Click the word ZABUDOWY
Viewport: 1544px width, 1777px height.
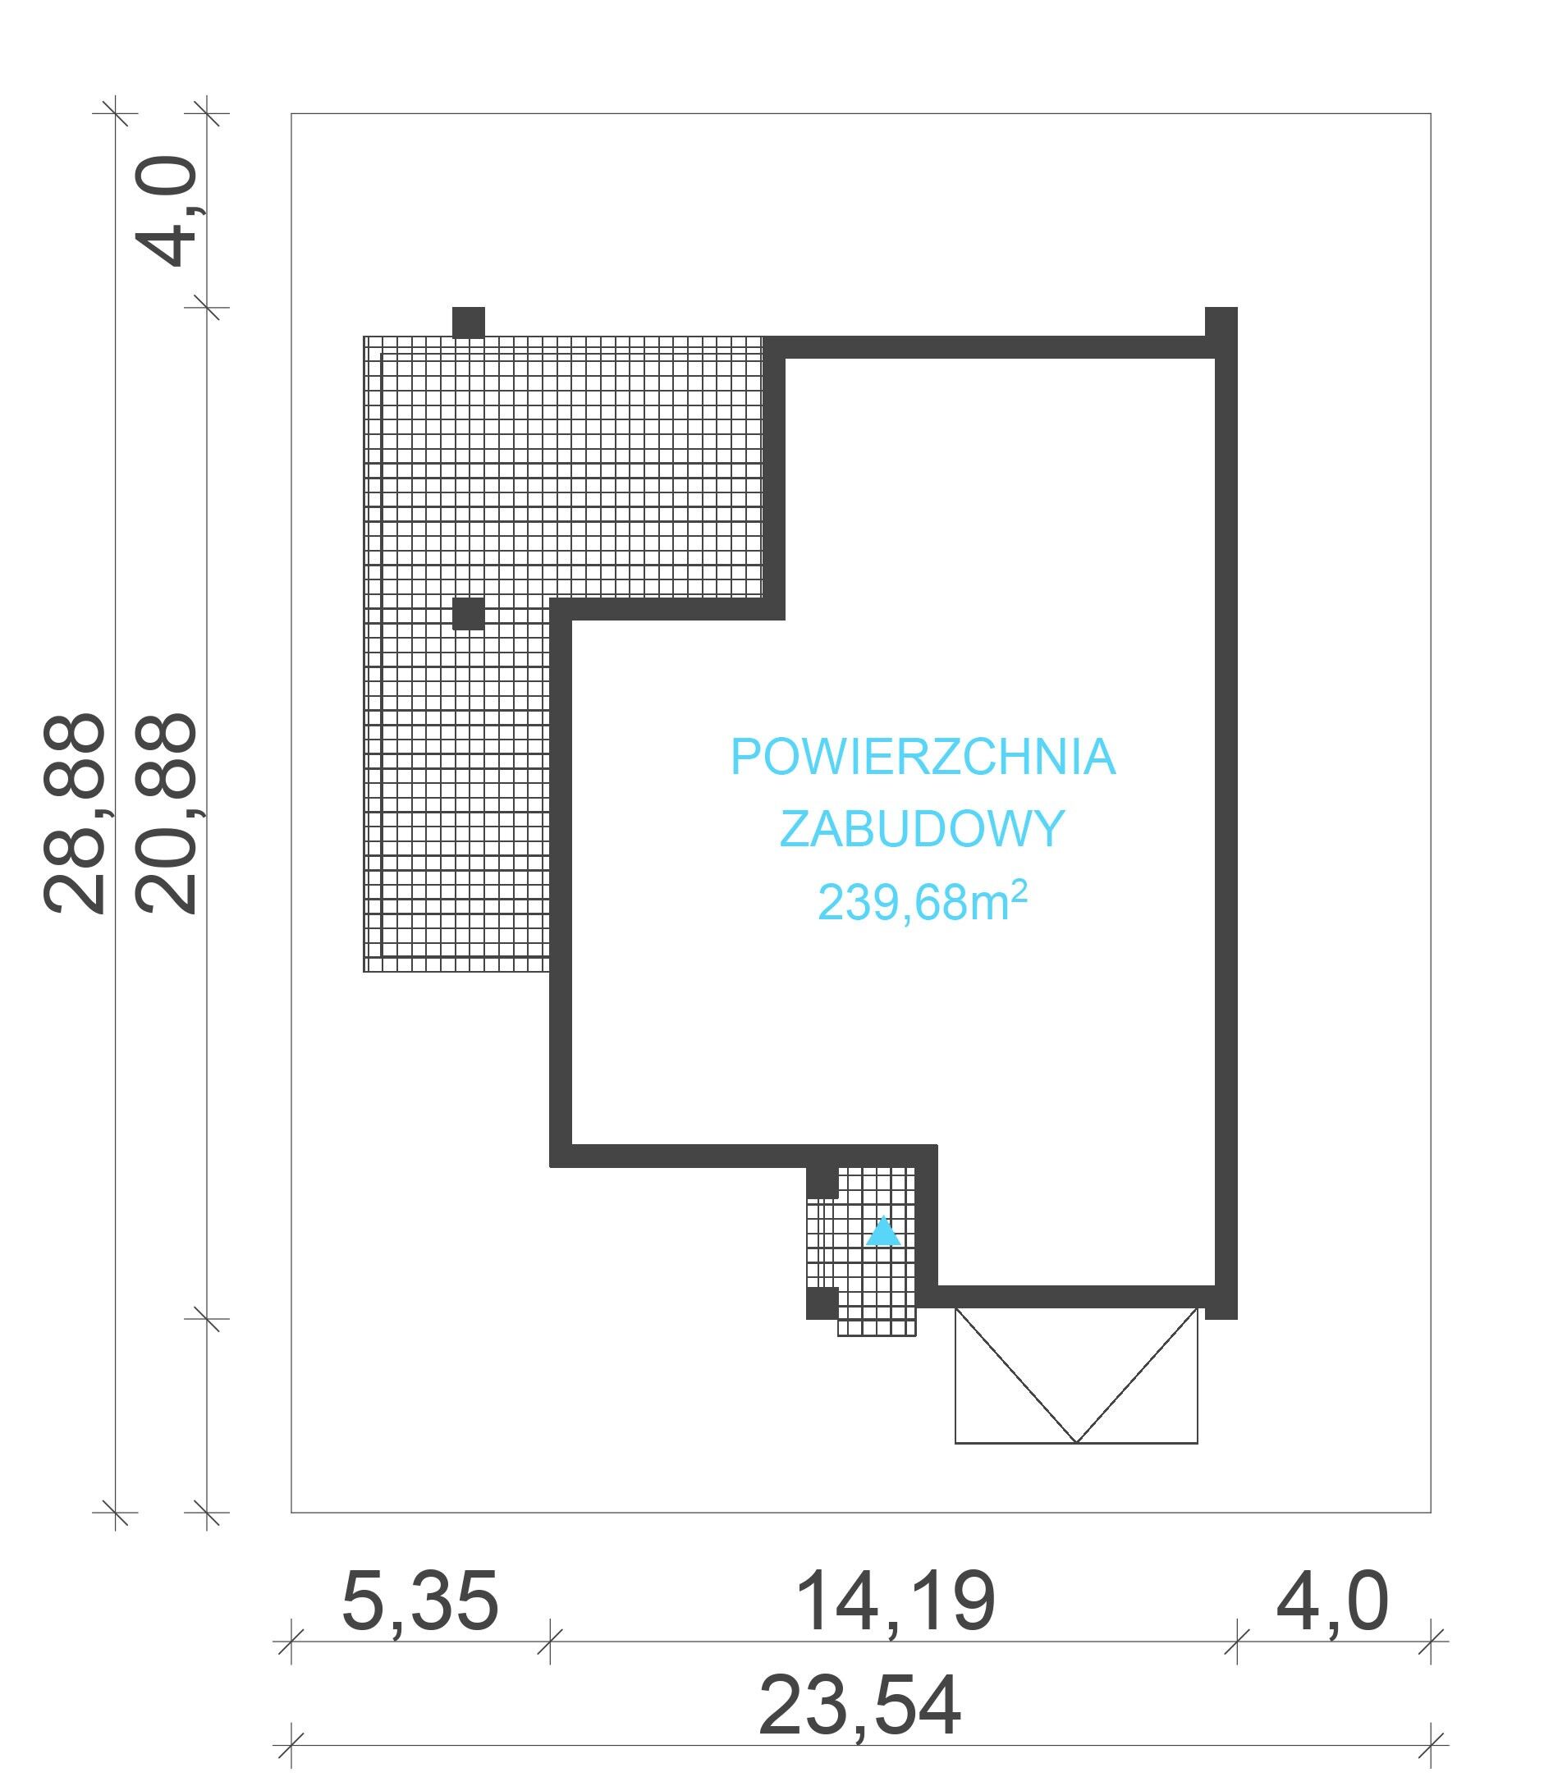923,829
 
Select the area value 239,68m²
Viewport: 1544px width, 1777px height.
923,902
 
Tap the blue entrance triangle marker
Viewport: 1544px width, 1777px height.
883,1232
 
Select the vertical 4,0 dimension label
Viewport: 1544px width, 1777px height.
167,210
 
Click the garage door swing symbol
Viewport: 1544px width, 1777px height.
1076,1375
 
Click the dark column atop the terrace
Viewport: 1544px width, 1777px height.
469,322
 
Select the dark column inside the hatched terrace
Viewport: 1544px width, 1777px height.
469,614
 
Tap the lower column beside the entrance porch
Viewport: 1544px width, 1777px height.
822,1303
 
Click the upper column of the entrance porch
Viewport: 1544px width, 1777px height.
822,1183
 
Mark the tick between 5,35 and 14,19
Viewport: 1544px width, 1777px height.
550,1641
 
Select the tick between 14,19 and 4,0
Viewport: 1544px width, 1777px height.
1237,1641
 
